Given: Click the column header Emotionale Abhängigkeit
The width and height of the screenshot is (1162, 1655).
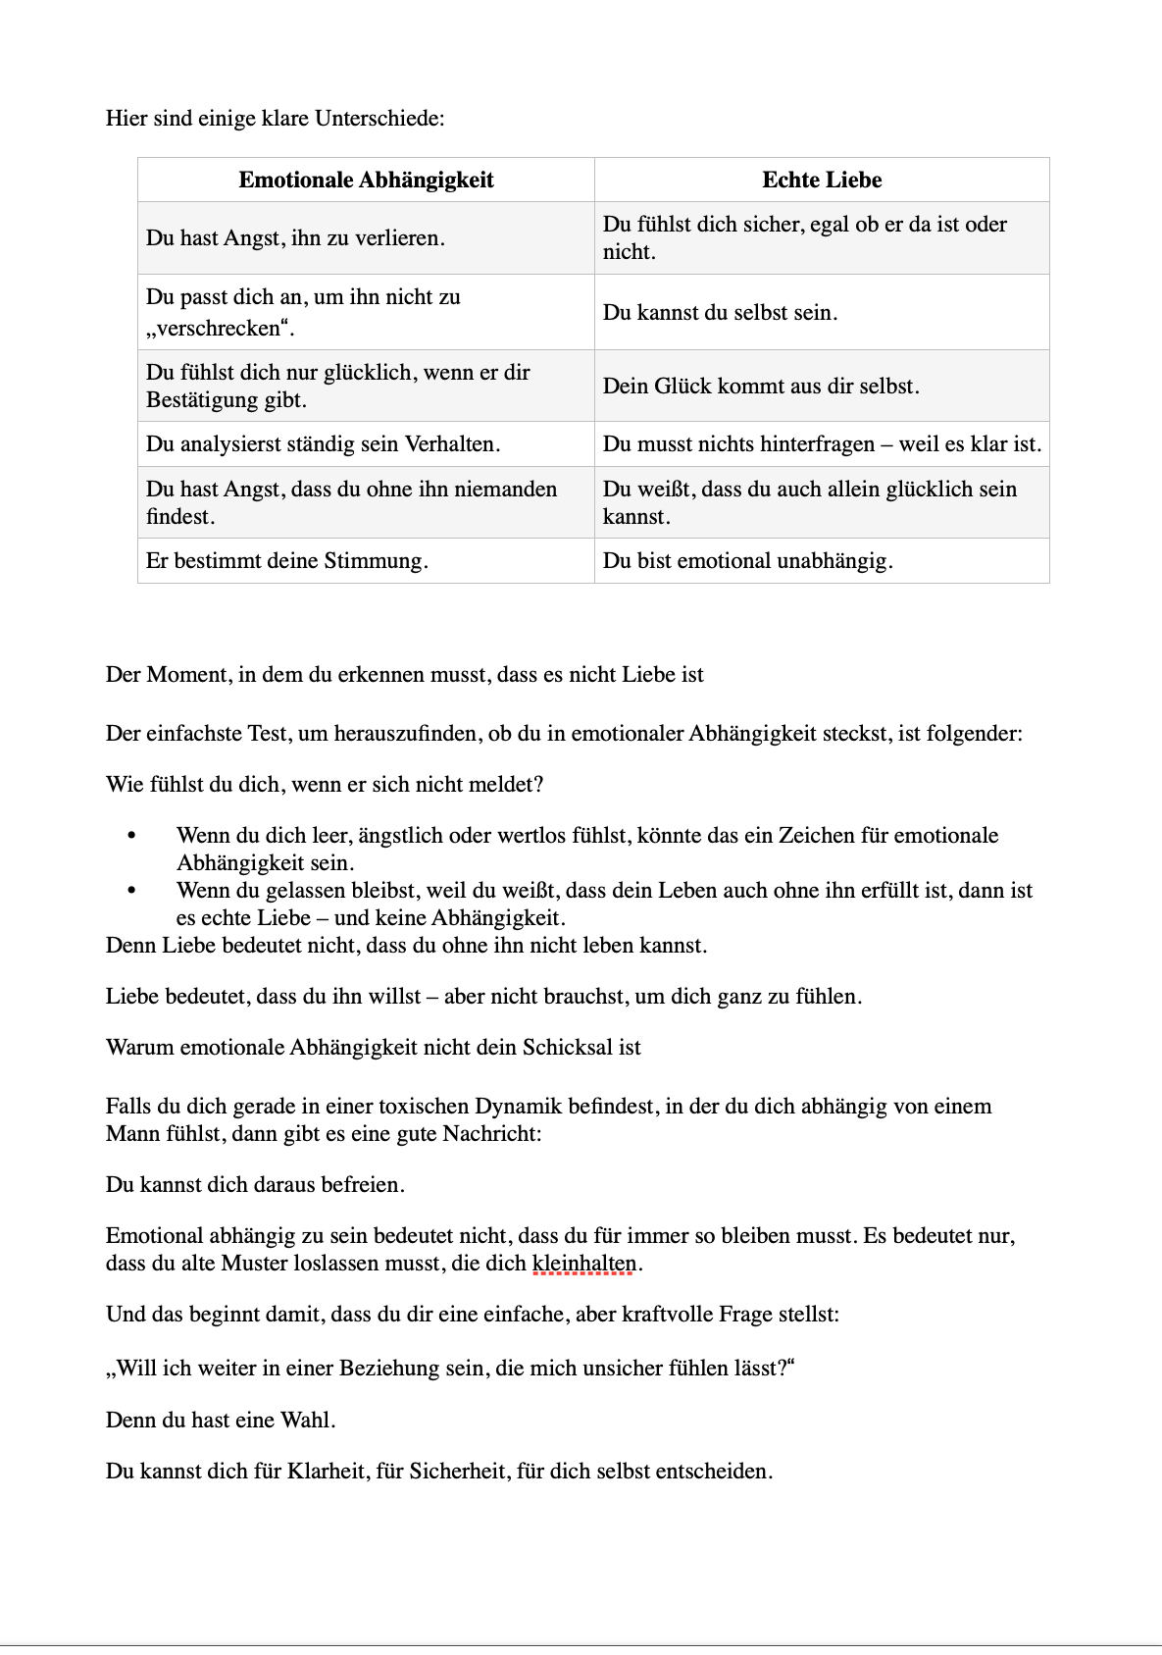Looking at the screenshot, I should point(366,181).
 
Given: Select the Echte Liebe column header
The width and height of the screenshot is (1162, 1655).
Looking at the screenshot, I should point(822,181).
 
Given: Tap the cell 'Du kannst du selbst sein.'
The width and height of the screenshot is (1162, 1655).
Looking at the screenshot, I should point(720,313).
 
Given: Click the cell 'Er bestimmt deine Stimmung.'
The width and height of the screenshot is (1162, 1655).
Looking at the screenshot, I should point(286,561).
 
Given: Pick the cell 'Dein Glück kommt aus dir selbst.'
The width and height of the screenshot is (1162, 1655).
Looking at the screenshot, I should point(761,386).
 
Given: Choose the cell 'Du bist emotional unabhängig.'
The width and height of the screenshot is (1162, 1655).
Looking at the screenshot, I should point(747,561).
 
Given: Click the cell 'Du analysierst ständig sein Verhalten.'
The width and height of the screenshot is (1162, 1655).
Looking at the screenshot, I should point(323,444).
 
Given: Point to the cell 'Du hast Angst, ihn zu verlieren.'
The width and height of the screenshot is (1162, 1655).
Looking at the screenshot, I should point(295,238).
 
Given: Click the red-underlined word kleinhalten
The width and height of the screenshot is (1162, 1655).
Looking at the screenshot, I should point(584,1264).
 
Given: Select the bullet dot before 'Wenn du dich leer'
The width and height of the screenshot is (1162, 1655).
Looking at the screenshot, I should point(130,836).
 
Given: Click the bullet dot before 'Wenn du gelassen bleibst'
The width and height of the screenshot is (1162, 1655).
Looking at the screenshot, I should point(130,891).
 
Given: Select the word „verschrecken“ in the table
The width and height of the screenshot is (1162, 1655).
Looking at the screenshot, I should point(221,329).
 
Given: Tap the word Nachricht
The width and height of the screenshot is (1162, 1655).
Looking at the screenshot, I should point(490,1134).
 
